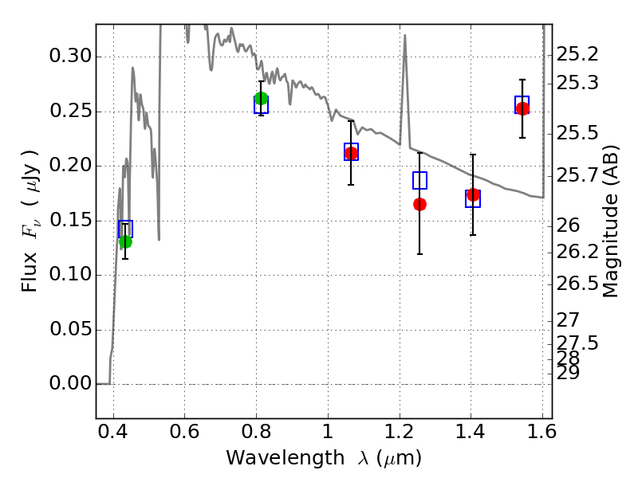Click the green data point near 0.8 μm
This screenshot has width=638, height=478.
point(261,99)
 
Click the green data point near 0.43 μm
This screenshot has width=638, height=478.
point(125,241)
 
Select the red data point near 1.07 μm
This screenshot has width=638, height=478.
point(351,153)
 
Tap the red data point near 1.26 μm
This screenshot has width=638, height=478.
point(419,205)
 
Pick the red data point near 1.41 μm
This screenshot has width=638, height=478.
point(473,194)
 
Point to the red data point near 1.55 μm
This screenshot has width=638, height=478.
point(522,108)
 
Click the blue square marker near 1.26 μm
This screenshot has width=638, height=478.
point(419,180)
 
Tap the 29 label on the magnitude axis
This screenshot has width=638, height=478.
point(568,372)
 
